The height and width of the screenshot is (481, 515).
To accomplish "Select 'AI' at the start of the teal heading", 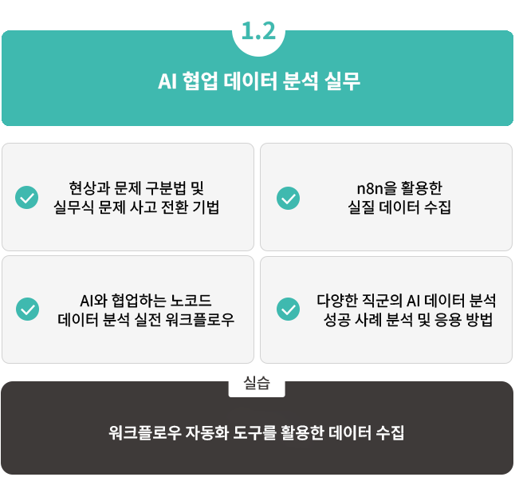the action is click(167, 81).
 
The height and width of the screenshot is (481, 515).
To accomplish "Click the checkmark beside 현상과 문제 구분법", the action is click(27, 198).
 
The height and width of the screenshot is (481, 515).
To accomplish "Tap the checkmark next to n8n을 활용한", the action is click(288, 198).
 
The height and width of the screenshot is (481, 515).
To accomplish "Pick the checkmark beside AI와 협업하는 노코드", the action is click(27, 309).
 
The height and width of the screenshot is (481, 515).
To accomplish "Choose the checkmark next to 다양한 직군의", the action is click(288, 309).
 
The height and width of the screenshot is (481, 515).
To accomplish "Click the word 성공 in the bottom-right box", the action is click(338, 321).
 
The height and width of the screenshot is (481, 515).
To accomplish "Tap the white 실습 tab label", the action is click(257, 384).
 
